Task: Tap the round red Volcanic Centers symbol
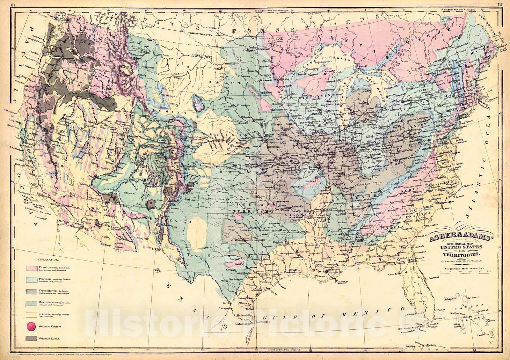click(x=32, y=326)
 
